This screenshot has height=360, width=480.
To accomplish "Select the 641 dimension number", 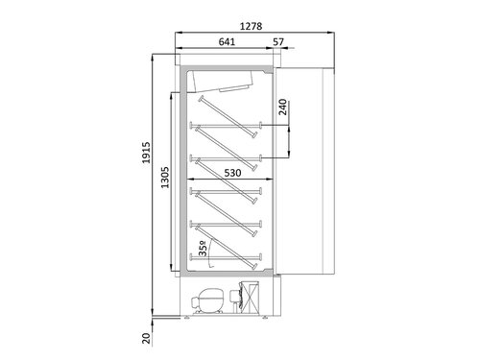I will [x=227, y=41].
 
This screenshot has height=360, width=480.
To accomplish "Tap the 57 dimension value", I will [x=278, y=41].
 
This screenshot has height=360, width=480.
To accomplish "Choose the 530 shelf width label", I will [x=228, y=176].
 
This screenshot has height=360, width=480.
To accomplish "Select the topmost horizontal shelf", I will [x=228, y=124].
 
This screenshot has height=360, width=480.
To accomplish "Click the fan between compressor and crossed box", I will [x=236, y=299].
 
